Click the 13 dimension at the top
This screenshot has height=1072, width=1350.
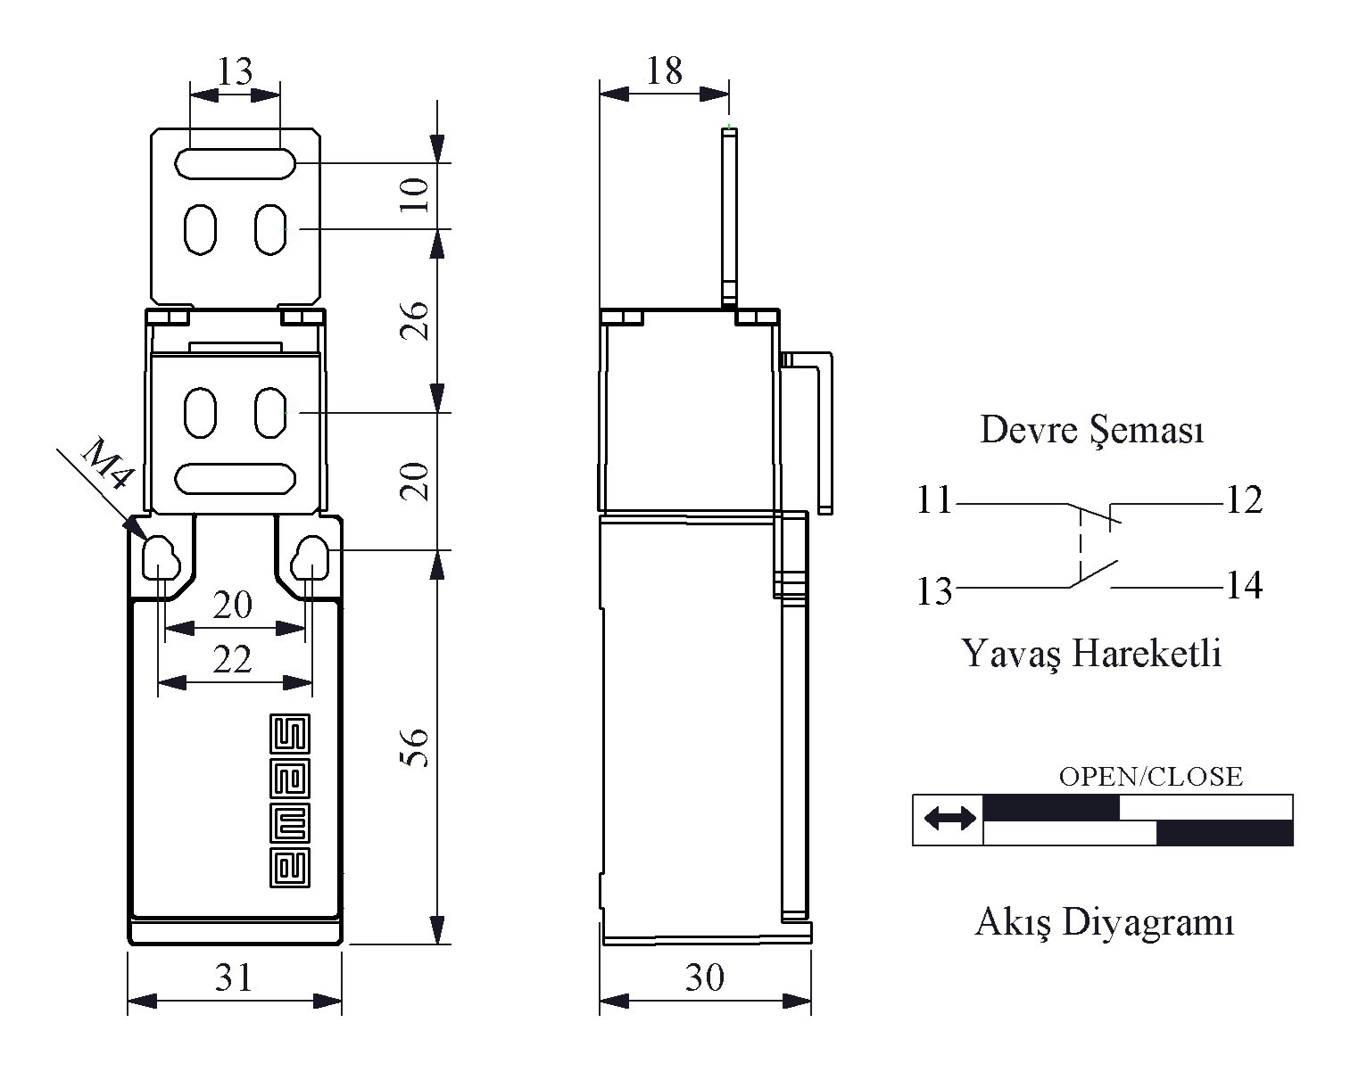coord(235,71)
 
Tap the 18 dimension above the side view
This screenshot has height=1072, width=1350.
coord(664,70)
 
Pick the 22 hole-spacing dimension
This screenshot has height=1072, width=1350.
coord(233,660)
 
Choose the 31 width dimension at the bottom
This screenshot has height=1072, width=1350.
coord(234,977)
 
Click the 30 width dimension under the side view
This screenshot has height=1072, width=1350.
coord(704,977)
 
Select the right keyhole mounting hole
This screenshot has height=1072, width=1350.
coord(311,557)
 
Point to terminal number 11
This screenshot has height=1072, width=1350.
coord(934,501)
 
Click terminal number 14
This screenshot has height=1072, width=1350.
coord(1244,586)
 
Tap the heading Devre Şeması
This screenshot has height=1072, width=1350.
coord(1092,430)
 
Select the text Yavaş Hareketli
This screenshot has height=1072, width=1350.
coord(1092,653)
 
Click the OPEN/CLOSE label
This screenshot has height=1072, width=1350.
coord(1150,777)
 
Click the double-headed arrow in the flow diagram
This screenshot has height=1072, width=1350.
coord(949,818)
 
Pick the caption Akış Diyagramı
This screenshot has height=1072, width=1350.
coord(1104,922)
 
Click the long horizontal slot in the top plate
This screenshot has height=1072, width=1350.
coord(236,163)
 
